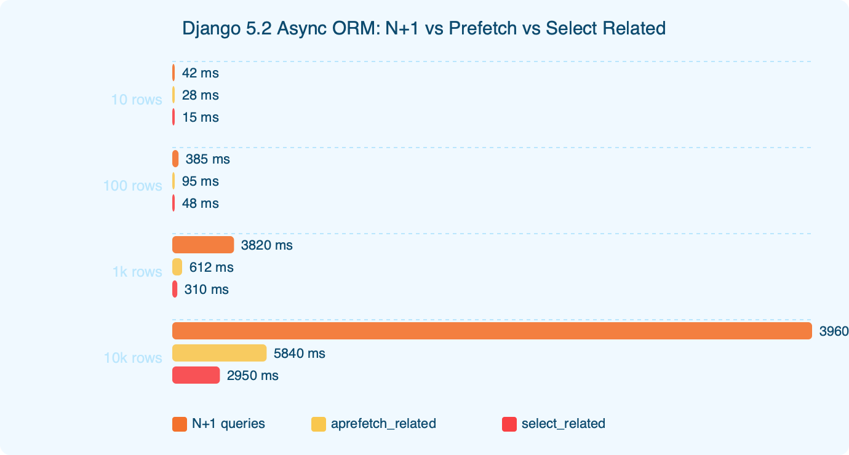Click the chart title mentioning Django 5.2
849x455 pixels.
(x=424, y=28)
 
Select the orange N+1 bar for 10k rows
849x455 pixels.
(x=492, y=331)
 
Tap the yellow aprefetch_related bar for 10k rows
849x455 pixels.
(x=219, y=354)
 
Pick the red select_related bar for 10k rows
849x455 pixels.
(x=196, y=376)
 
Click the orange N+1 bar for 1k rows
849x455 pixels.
(x=203, y=245)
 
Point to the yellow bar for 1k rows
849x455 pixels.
(x=177, y=267)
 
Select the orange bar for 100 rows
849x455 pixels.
(x=175, y=159)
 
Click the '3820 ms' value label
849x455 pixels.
(x=266, y=245)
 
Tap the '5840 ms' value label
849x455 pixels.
(x=299, y=354)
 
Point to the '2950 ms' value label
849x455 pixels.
(x=252, y=376)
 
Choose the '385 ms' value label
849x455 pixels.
(x=207, y=159)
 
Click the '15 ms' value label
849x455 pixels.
(x=200, y=117)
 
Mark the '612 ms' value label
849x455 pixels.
(x=211, y=267)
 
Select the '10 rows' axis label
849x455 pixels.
(x=137, y=100)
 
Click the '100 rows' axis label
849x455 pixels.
(x=133, y=186)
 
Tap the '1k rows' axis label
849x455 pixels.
(x=137, y=272)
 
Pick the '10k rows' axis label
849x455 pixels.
(x=133, y=358)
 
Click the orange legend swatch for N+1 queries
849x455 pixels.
(x=180, y=424)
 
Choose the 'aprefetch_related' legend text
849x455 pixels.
(x=383, y=424)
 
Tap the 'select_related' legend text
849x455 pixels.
(x=563, y=424)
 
